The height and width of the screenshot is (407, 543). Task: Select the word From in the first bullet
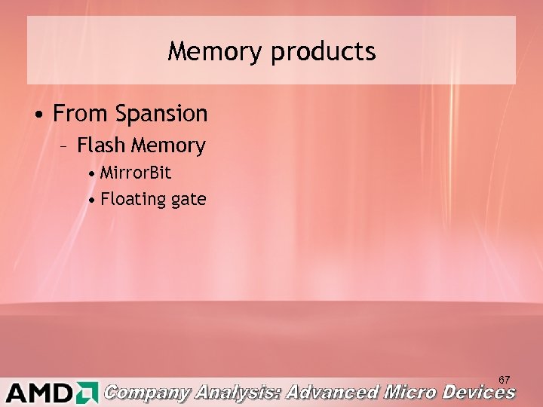(x=81, y=114)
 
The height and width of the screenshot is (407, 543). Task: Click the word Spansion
(x=161, y=115)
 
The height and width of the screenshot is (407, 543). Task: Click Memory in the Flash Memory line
(x=169, y=145)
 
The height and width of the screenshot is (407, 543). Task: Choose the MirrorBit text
(x=136, y=173)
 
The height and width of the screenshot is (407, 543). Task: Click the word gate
(x=189, y=200)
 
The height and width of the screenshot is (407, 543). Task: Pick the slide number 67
(x=505, y=379)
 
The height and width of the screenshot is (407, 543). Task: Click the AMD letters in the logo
(x=38, y=393)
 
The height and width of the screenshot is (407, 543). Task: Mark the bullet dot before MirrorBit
(x=91, y=173)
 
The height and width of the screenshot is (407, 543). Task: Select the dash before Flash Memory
(x=66, y=145)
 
